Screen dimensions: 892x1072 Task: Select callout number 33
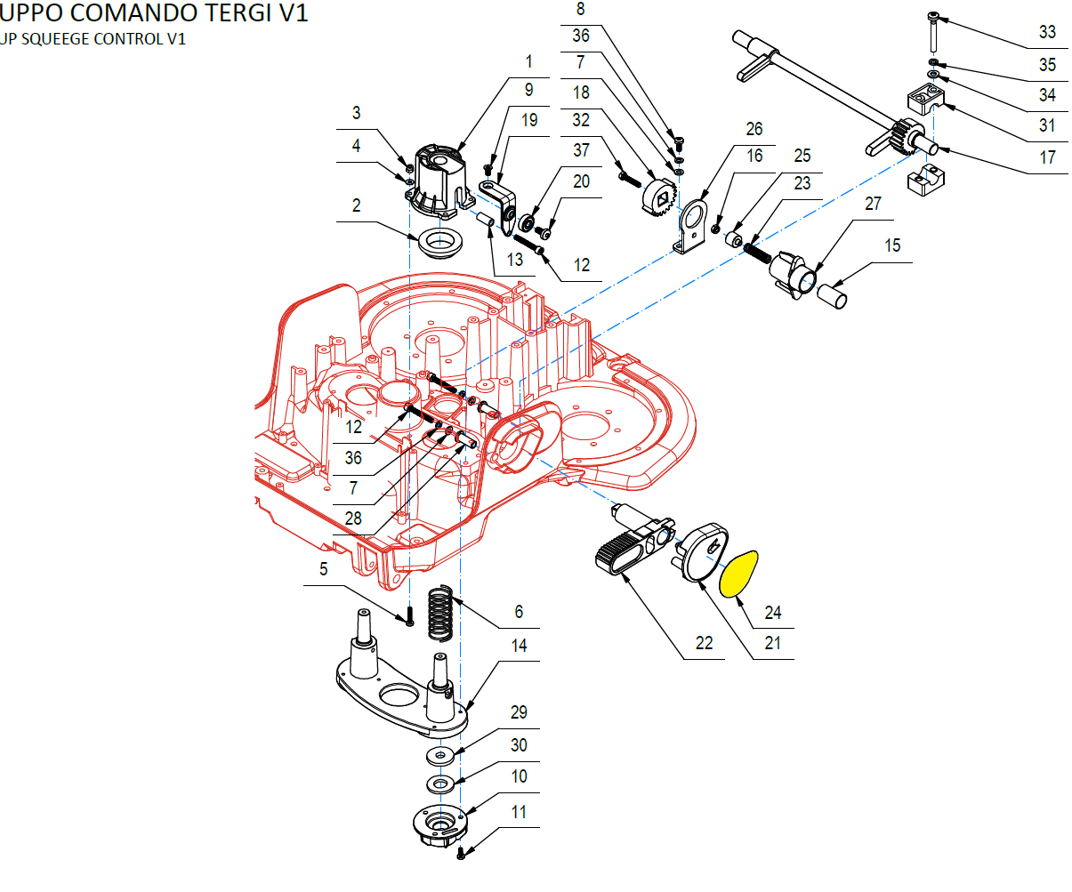click(1047, 32)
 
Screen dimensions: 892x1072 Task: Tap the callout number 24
click(772, 612)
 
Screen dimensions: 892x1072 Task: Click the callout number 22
click(704, 642)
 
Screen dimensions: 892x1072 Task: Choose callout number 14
click(519, 646)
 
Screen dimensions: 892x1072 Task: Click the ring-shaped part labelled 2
click(437, 242)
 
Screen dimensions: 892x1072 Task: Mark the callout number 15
click(892, 245)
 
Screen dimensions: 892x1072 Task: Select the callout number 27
click(873, 204)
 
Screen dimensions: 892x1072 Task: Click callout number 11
click(519, 811)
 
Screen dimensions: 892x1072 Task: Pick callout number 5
click(324, 568)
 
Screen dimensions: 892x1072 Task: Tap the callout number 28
click(353, 518)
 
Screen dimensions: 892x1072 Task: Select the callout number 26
click(754, 129)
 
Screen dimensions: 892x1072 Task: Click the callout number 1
click(529, 61)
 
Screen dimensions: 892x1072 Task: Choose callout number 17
click(1047, 157)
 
